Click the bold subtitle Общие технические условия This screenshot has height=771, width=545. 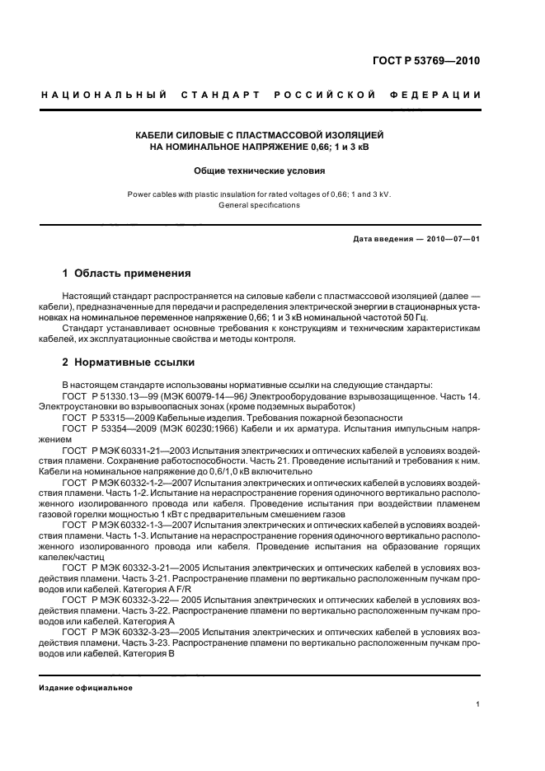pos(260,171)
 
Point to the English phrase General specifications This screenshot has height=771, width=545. pos(259,205)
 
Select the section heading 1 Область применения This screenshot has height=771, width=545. pos(127,273)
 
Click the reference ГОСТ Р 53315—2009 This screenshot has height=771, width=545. pos(105,418)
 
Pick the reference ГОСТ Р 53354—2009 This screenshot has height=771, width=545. pos(105,429)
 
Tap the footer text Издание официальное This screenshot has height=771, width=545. pos(87,688)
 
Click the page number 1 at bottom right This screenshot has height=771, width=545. pos(478,704)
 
